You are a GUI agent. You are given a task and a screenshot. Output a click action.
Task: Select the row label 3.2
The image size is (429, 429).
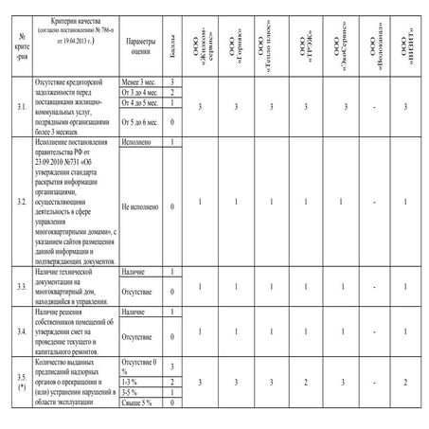21,203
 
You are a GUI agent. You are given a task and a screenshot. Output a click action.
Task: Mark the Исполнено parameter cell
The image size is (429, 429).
139,142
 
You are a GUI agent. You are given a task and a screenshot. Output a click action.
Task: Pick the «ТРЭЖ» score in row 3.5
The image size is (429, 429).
305,381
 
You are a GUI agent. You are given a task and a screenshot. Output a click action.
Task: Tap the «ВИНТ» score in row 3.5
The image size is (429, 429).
406,381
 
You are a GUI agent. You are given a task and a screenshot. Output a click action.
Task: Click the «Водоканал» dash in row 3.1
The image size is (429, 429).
377,108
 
